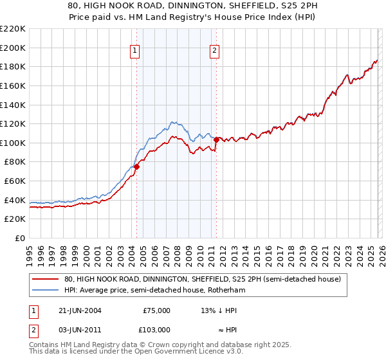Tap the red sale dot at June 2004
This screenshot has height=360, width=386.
click(136, 166)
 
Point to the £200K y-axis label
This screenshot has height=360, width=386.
click(13, 48)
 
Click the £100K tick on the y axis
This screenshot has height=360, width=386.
click(13, 143)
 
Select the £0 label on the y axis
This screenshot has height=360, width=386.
click(20, 238)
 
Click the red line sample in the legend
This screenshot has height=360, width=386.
click(45, 279)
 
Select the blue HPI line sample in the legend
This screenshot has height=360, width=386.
click(45, 291)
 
